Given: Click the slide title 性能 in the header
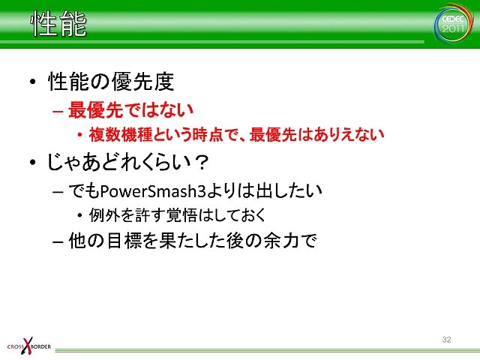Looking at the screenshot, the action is [x=58, y=23].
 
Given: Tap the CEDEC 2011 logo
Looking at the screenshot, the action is [x=453, y=24].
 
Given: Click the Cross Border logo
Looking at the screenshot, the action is [x=28, y=346].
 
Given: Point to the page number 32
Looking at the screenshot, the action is [x=447, y=340].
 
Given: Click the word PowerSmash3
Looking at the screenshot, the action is [x=153, y=191].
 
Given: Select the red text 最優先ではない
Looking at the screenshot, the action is [x=130, y=109].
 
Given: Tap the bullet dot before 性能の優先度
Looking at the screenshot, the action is [x=33, y=82].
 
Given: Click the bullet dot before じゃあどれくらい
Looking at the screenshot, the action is [x=33, y=162].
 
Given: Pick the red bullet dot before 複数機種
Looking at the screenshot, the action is [x=79, y=134].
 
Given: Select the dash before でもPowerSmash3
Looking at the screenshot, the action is [x=58, y=192].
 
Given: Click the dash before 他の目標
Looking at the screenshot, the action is [x=58, y=241].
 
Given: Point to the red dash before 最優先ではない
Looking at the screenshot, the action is [x=58, y=111].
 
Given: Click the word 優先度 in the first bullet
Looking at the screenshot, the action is [x=142, y=82].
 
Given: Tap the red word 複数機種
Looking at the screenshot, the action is [x=121, y=134].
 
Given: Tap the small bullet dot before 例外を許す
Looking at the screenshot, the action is [x=79, y=215].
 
